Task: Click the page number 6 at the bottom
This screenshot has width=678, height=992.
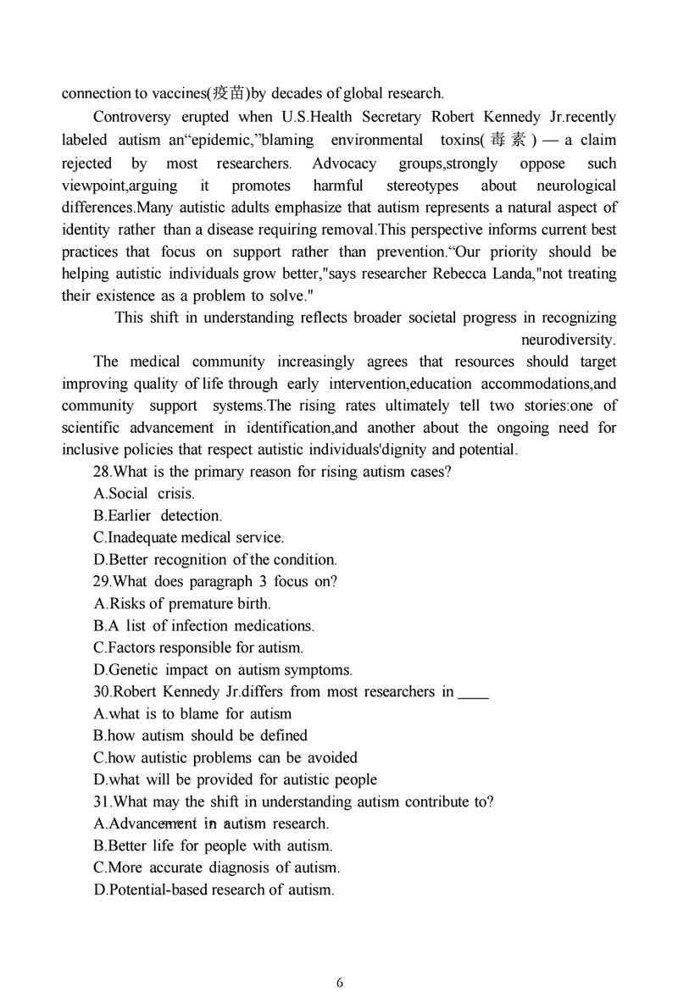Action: coord(340,983)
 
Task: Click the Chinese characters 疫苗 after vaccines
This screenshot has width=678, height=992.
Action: coord(227,93)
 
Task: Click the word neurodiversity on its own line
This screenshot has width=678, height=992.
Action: coord(568,340)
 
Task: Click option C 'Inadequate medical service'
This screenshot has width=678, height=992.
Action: coord(189,538)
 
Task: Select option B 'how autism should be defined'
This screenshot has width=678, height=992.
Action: coord(200,735)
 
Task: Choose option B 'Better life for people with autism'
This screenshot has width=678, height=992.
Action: coord(213,845)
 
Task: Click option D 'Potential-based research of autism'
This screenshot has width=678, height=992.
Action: coord(214,889)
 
